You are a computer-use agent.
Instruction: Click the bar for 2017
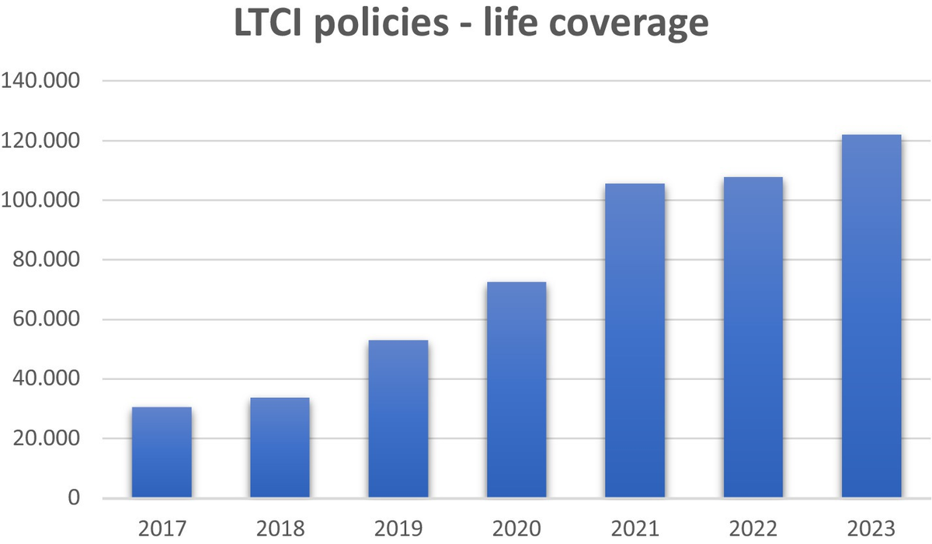(162, 452)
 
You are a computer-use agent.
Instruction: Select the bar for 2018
(280, 448)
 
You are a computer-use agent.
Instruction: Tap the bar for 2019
(398, 419)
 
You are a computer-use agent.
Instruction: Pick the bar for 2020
(516, 389)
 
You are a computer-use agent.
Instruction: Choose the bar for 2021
(635, 340)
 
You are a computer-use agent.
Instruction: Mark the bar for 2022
(753, 337)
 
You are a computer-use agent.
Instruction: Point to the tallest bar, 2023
(871, 316)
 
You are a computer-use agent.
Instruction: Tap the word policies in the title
(401, 26)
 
